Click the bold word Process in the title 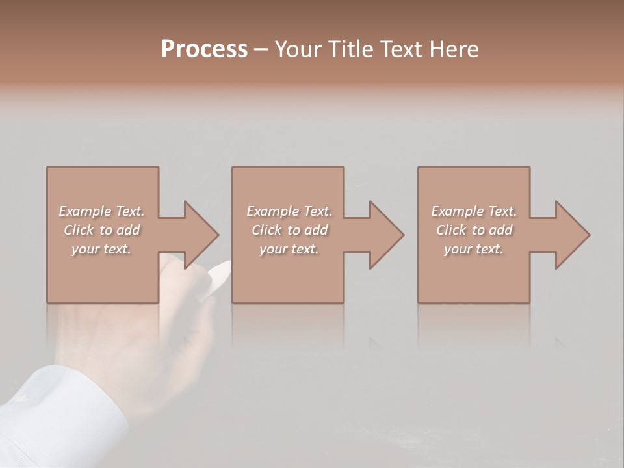point(204,49)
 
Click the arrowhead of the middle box point(386,235)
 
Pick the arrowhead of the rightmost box point(572,235)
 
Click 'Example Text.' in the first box point(102,211)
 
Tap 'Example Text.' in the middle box point(289,211)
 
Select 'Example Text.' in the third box point(474,211)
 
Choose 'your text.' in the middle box point(289,249)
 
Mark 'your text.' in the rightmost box point(473,249)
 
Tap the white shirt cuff point(58,409)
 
